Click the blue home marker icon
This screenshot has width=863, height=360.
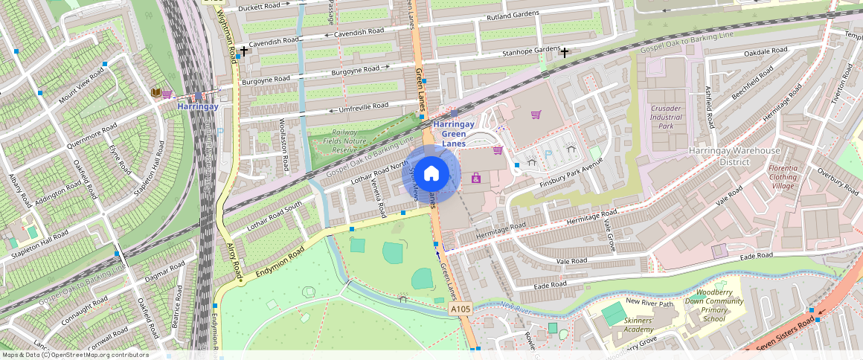[x=431, y=174]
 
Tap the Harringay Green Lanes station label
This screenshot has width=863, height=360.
[x=459, y=134]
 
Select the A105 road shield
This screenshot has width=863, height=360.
[x=461, y=308]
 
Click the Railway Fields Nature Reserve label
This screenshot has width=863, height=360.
[x=344, y=141]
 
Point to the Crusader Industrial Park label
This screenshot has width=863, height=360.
[x=665, y=117]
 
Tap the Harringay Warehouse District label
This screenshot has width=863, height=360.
[x=734, y=156]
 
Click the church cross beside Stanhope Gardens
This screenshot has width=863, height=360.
[x=565, y=53]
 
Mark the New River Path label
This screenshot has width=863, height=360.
[x=649, y=302]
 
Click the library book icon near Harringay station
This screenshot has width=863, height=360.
[x=156, y=93]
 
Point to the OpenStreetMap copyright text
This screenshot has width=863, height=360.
[x=74, y=355]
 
